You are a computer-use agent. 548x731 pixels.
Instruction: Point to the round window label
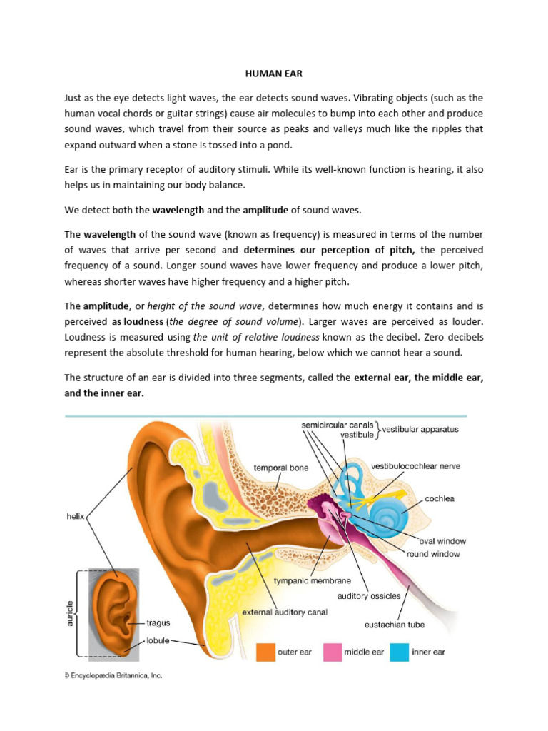[433, 553]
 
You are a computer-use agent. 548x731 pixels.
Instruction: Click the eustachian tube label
[395, 625]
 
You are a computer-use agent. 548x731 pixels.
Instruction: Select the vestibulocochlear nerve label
[415, 466]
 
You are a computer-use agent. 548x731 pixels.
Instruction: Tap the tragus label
[158, 623]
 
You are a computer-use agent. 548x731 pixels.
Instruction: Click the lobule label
[158, 640]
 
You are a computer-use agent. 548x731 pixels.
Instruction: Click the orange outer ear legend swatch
[266, 652]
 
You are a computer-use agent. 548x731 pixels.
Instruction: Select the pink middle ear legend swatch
[333, 652]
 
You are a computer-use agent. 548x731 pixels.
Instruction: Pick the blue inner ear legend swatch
[400, 652]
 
